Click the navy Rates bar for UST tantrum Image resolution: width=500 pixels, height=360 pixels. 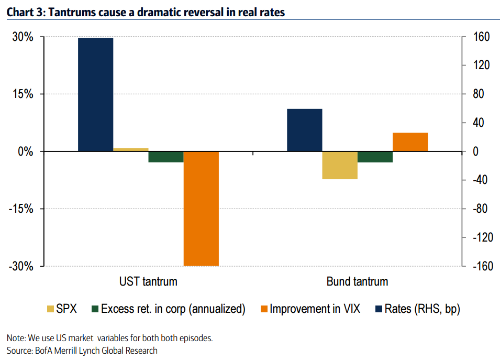point(96,94)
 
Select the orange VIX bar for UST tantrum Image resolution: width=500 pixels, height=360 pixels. point(201,209)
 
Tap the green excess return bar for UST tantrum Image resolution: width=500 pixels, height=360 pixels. point(165,157)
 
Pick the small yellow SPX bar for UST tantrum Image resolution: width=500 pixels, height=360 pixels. point(131,150)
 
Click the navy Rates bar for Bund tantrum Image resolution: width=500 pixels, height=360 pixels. point(305,130)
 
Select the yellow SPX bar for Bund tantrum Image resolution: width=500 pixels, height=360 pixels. point(340,165)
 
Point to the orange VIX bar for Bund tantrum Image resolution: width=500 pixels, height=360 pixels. point(410,142)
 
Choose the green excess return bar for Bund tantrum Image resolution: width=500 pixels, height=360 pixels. point(375,157)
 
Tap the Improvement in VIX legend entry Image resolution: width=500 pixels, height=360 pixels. point(315,309)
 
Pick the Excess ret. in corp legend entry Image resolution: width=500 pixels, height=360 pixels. point(173,309)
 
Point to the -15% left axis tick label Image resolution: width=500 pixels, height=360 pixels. point(21,209)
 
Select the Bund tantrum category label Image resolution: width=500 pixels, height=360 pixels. point(357,281)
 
